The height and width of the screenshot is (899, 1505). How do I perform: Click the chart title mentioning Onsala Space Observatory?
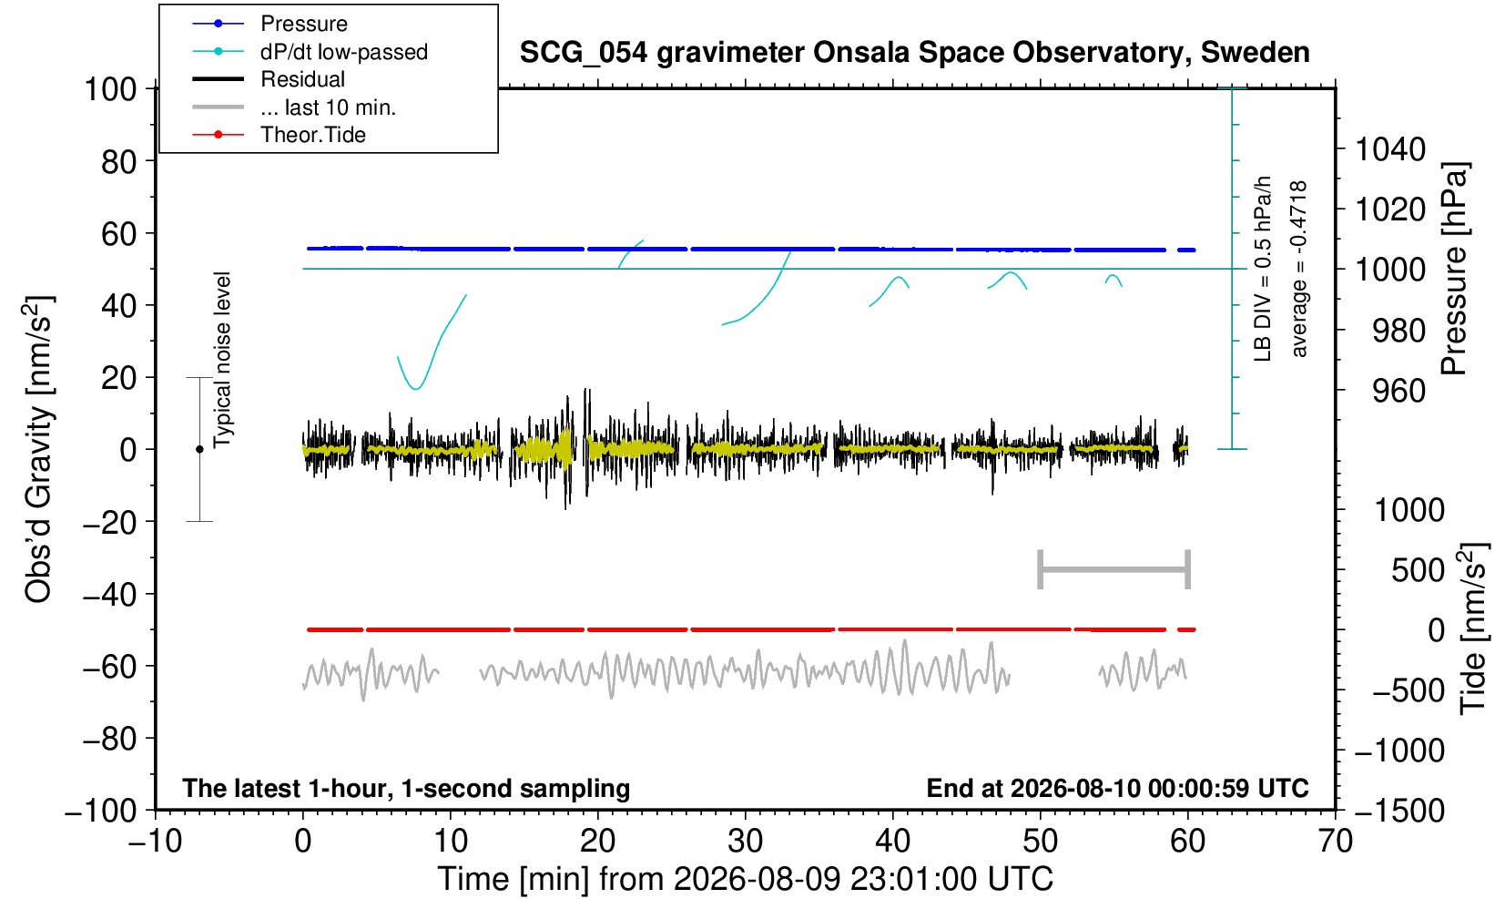(x=914, y=53)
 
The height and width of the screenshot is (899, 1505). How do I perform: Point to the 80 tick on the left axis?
(x=119, y=161)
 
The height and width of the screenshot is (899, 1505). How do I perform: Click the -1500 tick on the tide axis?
(x=1399, y=811)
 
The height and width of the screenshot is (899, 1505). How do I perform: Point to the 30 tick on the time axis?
(x=746, y=842)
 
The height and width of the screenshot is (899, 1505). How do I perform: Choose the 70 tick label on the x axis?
(x=1335, y=842)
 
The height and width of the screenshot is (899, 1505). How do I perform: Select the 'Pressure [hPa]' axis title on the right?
(x=1455, y=269)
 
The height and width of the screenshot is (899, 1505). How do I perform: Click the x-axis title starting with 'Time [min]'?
(x=745, y=879)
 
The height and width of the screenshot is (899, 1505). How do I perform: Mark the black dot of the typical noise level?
(x=199, y=449)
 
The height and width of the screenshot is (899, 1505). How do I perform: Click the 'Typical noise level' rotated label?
(x=222, y=360)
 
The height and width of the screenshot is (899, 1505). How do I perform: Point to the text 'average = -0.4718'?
(x=1298, y=269)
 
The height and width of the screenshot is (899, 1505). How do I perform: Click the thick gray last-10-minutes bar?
(x=1114, y=569)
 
